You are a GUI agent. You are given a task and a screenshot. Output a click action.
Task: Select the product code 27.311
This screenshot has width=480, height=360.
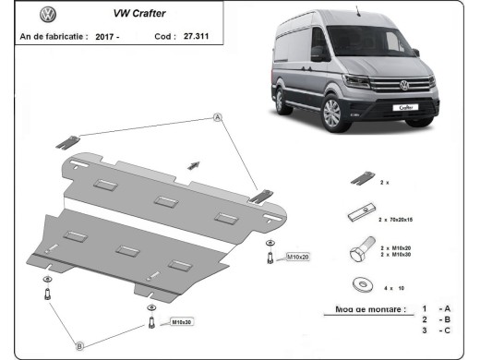pos(197,37)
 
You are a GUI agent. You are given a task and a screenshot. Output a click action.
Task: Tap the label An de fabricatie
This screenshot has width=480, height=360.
pos(54,37)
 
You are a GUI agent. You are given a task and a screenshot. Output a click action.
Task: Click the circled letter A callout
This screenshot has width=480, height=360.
pos(219,117)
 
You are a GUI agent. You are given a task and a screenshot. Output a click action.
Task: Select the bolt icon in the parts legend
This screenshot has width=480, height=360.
pos(363,250)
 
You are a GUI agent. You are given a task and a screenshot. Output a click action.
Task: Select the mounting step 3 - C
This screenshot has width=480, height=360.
pos(435,330)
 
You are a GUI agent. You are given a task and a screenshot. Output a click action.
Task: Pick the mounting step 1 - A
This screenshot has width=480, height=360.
pos(435,308)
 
